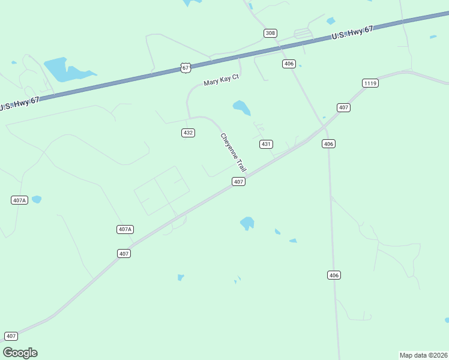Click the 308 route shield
pos(270,33)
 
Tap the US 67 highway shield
pos(185,68)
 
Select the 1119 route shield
pos(370,83)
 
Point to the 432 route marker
pos(188,133)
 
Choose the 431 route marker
pos(266,144)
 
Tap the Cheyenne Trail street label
pos(234,152)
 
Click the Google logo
pos(20,353)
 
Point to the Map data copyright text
pos(423,355)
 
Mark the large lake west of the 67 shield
pos(63,70)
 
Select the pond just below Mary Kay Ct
pos(241,108)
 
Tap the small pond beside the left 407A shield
pos(37,199)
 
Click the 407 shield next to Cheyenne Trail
pos(238,181)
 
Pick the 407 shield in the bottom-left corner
pos(11,336)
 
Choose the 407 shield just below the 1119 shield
pos(343,107)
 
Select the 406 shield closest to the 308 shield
pos(289,64)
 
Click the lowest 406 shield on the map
pos(334,275)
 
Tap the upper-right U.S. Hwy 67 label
pos(352,32)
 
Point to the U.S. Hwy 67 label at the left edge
pos(19,103)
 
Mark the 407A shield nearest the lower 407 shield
pos(125,229)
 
